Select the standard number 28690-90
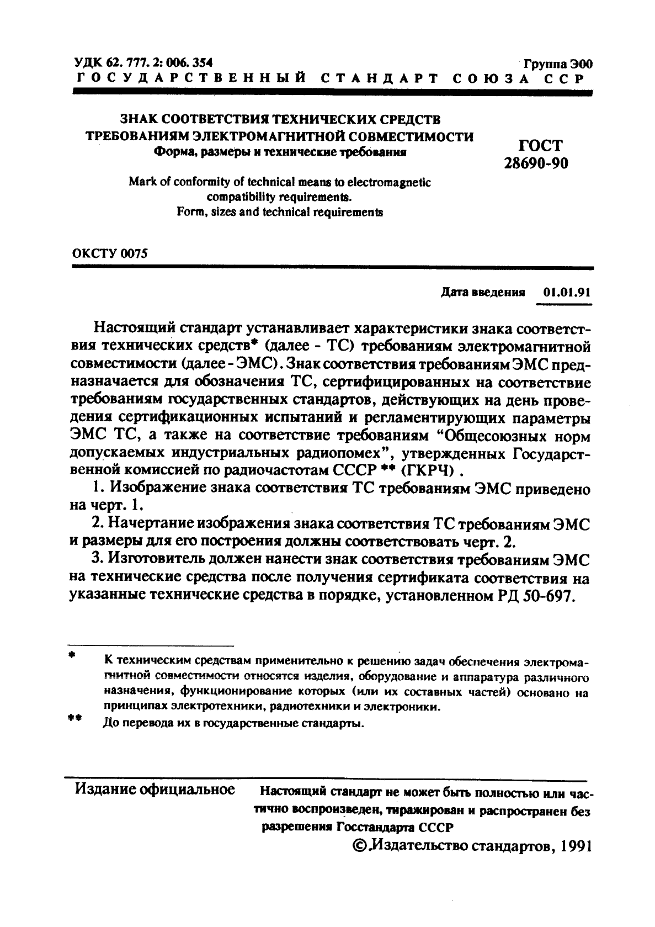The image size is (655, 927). coord(536,163)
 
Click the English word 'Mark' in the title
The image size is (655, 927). coord(141,182)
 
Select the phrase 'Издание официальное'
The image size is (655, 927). coord(155,789)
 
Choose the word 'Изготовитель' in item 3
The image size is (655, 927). coord(157,559)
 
